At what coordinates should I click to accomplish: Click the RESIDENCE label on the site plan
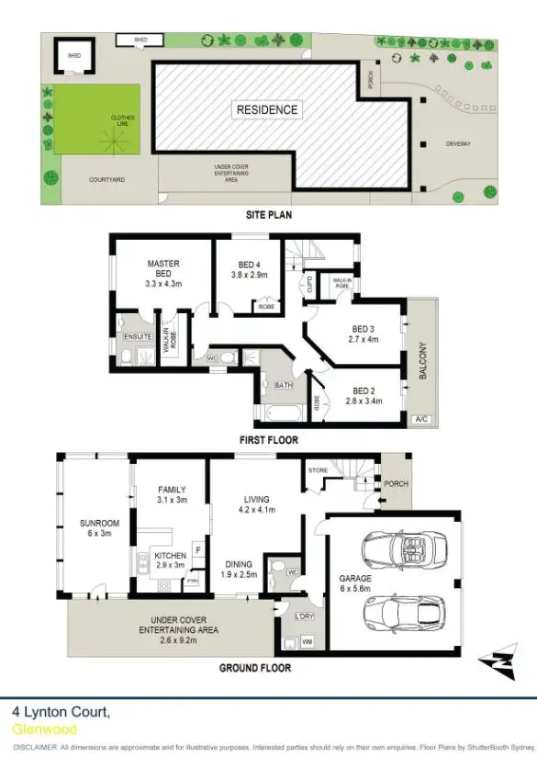(x=267, y=110)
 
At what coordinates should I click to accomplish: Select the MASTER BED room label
(x=163, y=268)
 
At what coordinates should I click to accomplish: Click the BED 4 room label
(x=246, y=268)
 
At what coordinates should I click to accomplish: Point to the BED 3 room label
(x=364, y=333)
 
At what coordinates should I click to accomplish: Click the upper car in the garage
(x=402, y=549)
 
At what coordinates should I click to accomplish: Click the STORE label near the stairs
(x=318, y=470)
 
